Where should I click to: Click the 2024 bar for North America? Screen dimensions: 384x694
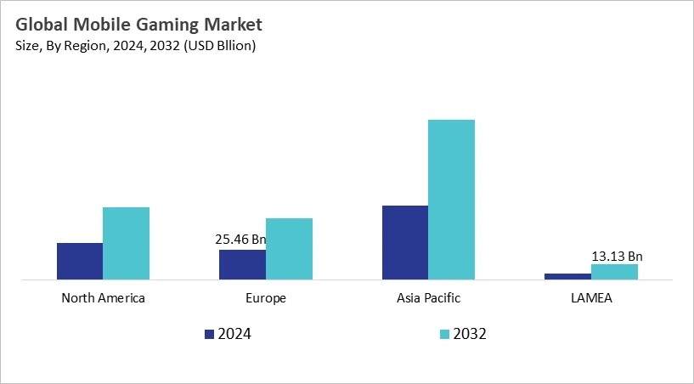point(80,261)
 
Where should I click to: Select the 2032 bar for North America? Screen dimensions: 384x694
point(126,243)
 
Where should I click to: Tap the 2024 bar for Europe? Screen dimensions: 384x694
point(242,264)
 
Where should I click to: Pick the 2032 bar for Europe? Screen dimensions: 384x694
point(289,248)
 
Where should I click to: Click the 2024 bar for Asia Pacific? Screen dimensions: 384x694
point(405,242)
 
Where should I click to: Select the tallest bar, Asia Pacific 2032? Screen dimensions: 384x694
point(451,199)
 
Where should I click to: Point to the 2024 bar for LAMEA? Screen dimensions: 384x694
point(567,275)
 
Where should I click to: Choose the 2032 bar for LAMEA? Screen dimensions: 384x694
point(614,271)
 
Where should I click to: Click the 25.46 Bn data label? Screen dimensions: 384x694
point(240,240)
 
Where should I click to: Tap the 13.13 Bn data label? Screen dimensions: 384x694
point(617,256)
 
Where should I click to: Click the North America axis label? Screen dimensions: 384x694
point(103,298)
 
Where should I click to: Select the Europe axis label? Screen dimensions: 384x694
point(265,298)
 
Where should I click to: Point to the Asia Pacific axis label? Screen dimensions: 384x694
point(428,298)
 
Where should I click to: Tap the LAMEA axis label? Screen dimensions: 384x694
point(590,298)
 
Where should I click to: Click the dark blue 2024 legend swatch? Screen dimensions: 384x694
point(210,334)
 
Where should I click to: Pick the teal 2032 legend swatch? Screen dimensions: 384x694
point(443,334)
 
